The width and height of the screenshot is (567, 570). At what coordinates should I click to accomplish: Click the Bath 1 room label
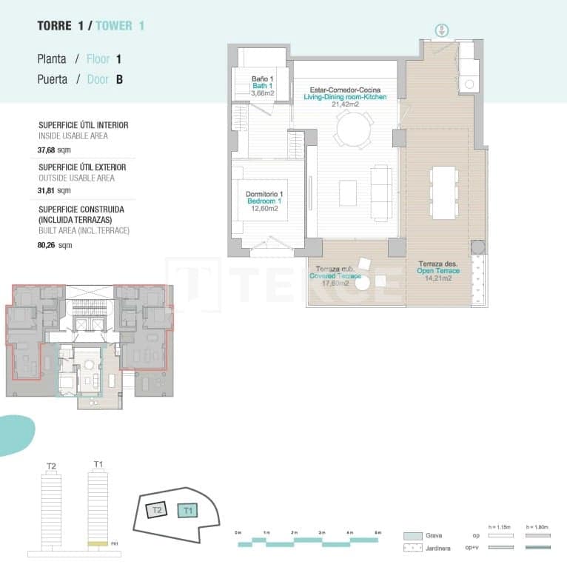point(261,86)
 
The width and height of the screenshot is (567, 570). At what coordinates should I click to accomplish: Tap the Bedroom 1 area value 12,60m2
point(264,209)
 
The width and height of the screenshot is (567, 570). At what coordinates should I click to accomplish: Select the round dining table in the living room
point(353,132)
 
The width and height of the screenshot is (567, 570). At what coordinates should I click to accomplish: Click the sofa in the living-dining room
point(381,192)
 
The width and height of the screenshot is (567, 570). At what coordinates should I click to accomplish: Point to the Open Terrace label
point(438,271)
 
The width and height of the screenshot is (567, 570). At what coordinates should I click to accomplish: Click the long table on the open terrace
point(443,192)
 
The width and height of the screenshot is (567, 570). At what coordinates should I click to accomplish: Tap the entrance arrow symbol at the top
point(441,30)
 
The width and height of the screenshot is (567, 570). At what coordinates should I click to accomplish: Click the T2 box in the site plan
point(156,511)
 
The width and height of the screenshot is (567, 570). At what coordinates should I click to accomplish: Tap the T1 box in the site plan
point(187,510)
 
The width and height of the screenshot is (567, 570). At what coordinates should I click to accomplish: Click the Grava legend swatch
point(413,535)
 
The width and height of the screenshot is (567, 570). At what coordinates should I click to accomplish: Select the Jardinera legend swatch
point(413,549)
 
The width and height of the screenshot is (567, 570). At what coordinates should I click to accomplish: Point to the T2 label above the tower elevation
point(51,466)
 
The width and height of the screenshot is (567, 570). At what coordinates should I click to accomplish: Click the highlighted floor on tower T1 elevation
point(98,544)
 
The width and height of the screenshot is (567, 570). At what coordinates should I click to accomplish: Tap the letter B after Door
point(119,79)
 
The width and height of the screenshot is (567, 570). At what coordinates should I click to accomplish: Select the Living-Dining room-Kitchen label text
point(345,97)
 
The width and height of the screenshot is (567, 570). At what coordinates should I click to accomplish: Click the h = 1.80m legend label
point(537,526)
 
